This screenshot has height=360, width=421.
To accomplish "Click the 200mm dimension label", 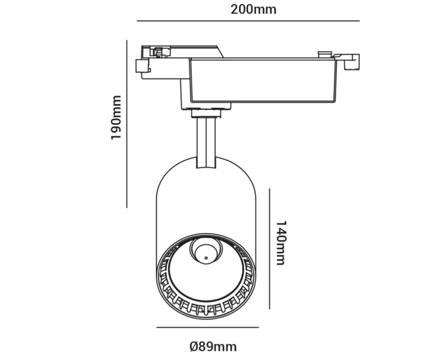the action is (x=253, y=10).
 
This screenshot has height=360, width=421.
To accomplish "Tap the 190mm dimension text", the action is (x=116, y=117).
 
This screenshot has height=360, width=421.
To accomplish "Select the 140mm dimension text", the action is (x=282, y=243).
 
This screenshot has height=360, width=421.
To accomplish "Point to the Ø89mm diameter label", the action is (x=213, y=346).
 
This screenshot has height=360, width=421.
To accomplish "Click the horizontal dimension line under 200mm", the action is (x=248, y=20).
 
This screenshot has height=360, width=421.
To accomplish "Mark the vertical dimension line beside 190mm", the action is (x=127, y=124).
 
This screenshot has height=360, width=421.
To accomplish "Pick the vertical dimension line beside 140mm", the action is (x=269, y=249).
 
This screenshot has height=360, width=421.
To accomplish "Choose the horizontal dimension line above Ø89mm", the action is (x=208, y=327).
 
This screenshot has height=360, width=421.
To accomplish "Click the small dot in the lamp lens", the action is (x=206, y=258).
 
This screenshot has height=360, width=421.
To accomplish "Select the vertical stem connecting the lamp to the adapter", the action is (x=206, y=142).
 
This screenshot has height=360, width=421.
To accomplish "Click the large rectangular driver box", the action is (x=262, y=80).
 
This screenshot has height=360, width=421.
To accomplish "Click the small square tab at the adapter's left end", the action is (x=142, y=66).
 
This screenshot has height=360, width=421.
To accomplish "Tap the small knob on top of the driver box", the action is (x=325, y=55).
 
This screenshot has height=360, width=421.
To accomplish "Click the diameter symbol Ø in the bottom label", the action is (x=194, y=346).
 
